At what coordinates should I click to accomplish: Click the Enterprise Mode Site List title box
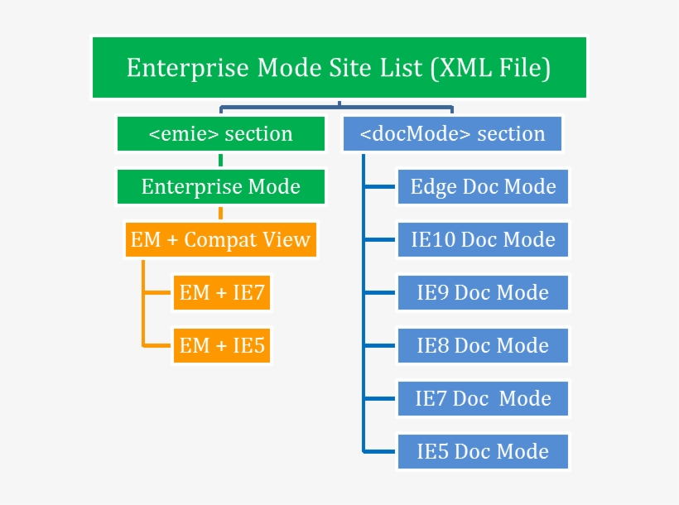tap(339, 68)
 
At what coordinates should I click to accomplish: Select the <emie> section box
tap(220, 134)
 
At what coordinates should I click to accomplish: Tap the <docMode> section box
tap(452, 134)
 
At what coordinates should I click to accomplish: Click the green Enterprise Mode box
tap(220, 187)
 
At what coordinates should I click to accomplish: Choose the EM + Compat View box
tap(220, 240)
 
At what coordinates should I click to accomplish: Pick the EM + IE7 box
tap(222, 292)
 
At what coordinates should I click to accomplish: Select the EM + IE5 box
tap(222, 345)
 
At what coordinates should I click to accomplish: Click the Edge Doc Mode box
tap(484, 187)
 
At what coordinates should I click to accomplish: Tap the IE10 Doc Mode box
tap(484, 240)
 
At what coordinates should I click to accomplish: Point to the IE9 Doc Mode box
tap(484, 292)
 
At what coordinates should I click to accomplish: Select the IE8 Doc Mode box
tap(484, 345)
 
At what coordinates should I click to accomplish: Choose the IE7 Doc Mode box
tap(484, 398)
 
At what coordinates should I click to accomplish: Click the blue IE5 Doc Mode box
tap(484, 451)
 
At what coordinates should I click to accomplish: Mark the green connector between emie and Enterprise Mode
tap(221, 161)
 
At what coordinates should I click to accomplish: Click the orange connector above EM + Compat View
tap(221, 213)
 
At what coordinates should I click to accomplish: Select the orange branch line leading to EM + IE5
tap(157, 345)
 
